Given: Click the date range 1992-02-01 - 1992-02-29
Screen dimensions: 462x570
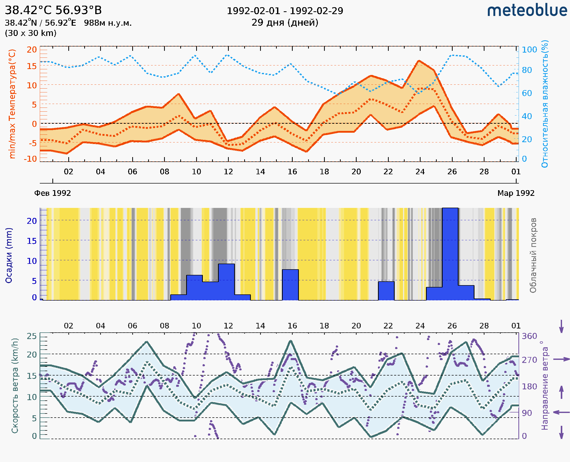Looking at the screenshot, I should (285, 11).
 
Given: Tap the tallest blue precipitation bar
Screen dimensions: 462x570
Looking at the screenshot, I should (450, 254).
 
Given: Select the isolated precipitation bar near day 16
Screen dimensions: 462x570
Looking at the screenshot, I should (290, 285).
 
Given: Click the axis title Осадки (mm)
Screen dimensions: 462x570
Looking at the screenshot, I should (9, 255).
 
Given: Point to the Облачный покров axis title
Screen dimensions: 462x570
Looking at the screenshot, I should (533, 255).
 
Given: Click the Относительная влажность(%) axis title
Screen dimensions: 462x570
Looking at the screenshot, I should (545, 104).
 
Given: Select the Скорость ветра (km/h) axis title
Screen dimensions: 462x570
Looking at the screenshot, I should (15, 386).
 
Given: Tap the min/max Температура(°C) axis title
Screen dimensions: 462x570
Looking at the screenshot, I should (12, 104).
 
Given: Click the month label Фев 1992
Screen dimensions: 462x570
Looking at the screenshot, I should (53, 193).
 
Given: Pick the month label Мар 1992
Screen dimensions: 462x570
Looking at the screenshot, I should (516, 193).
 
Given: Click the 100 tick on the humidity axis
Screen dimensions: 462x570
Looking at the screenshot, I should (529, 50).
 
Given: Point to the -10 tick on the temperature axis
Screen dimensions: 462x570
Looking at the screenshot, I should (30, 159).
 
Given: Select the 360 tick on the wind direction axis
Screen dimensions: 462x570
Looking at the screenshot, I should (529, 336).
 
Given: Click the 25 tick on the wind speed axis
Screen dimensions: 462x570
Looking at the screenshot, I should (32, 336).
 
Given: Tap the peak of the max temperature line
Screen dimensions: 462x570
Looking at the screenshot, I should (419, 61).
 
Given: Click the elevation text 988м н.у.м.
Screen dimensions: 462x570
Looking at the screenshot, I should (108, 23).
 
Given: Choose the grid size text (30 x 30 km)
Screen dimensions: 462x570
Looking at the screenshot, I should (31, 33).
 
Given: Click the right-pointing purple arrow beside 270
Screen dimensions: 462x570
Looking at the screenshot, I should (561, 359).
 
